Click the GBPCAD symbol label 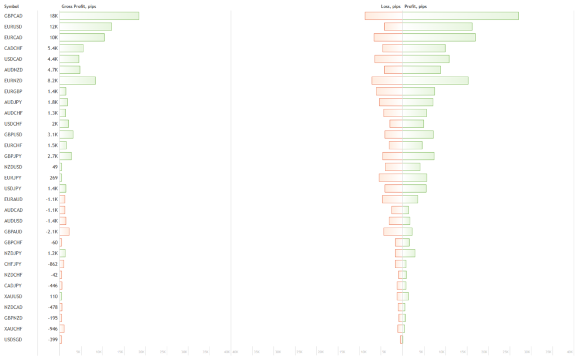coord(13,16)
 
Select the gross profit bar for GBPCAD coord(99,16)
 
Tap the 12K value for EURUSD coord(54,26)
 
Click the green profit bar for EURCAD coord(439,37)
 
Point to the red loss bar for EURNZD coord(387,81)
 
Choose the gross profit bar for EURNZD coord(77,81)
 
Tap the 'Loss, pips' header coord(390,6)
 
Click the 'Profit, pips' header coord(416,6)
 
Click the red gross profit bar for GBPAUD coord(64,232)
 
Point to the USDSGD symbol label coord(13,339)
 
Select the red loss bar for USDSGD coord(401,339)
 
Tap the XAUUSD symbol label coord(13,296)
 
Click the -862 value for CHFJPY coord(53,264)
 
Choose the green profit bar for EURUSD coord(437,26)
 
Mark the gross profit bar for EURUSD coord(86,26)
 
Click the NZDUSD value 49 coord(55,167)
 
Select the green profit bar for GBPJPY coord(418,156)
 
